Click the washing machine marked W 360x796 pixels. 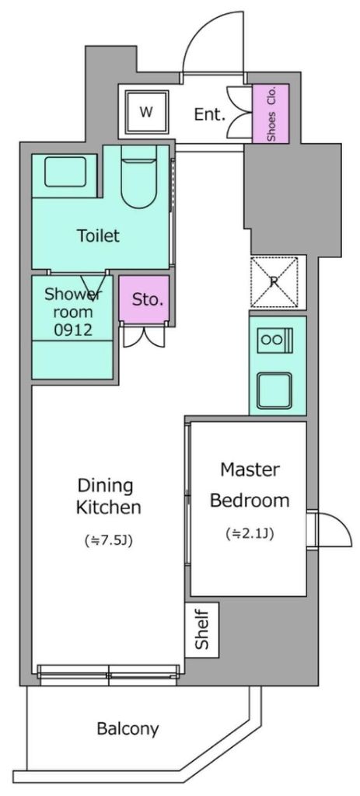pyautogui.click(x=146, y=112)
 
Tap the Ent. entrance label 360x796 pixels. pyautogui.click(x=210, y=114)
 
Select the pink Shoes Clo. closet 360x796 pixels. pyautogui.click(x=271, y=114)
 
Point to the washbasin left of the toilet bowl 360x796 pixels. pyautogui.click(x=65, y=172)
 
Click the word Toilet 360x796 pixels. pyautogui.click(x=99, y=236)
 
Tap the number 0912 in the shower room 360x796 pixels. pyautogui.click(x=73, y=330)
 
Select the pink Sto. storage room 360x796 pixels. pyautogui.click(x=144, y=299)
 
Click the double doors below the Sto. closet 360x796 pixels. pyautogui.click(x=144, y=335)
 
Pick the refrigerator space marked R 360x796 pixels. pyautogui.click(x=274, y=282)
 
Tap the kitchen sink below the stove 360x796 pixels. pyautogui.click(x=274, y=390)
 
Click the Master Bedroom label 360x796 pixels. pyautogui.click(x=250, y=485)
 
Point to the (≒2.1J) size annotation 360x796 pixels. pyautogui.click(x=250, y=533)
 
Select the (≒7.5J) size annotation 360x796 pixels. pyautogui.click(x=107, y=541)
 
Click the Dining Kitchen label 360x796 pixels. pyautogui.click(x=108, y=496)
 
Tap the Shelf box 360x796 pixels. pyautogui.click(x=201, y=630)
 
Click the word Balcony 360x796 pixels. pyautogui.click(x=128, y=729)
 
